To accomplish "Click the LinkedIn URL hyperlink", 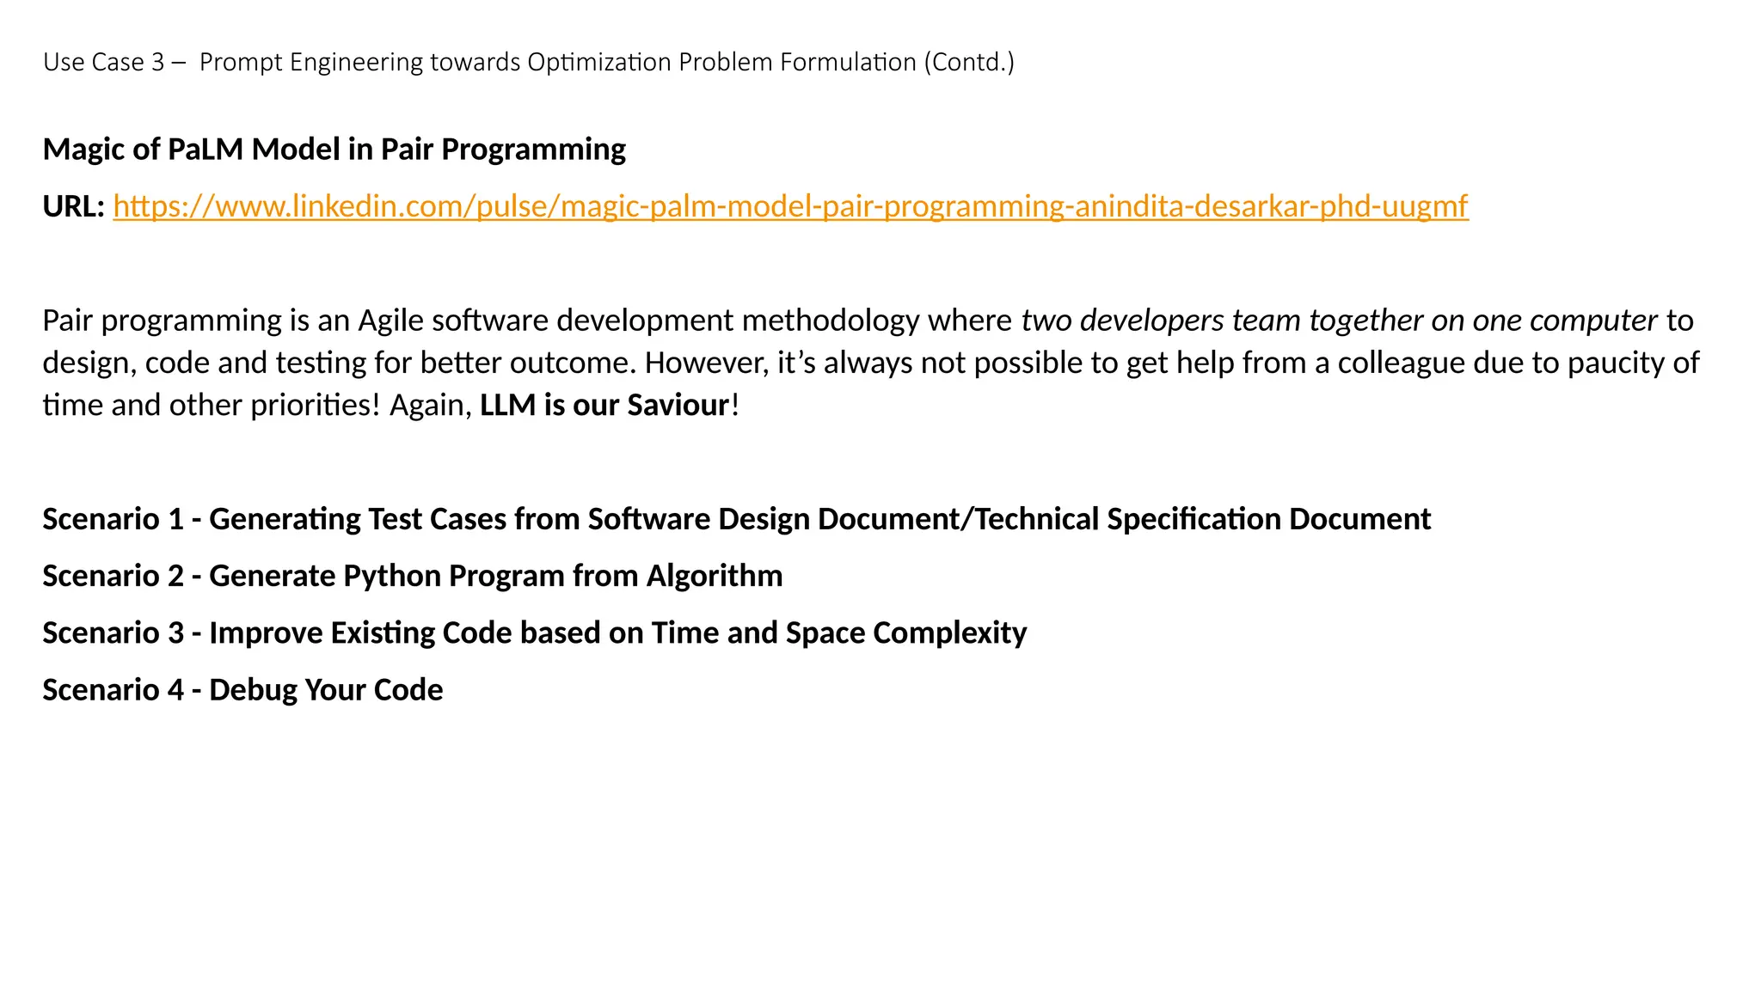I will tap(790, 206).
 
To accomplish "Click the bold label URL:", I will tap(74, 206).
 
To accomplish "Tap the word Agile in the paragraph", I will tap(390, 321).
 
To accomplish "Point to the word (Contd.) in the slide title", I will tap(969, 63).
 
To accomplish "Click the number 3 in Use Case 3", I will tap(157, 63).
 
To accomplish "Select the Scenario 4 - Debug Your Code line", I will tap(242, 690).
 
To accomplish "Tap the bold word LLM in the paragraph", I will tap(507, 405).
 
